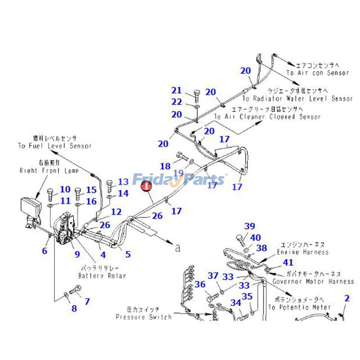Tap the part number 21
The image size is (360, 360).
click(176, 90)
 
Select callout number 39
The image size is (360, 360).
click(250, 226)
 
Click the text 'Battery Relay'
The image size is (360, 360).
click(102, 275)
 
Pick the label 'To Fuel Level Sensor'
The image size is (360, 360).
click(55, 146)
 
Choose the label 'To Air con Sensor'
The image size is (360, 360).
click(318, 72)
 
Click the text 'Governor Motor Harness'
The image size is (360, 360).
click(313, 281)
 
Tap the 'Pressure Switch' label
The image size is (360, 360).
click(144, 317)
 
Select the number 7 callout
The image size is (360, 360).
click(87, 301)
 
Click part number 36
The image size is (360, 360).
click(200, 284)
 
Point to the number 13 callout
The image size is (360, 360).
click(123, 182)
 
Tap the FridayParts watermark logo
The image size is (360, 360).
click(179, 180)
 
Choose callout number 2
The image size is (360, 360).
click(347, 298)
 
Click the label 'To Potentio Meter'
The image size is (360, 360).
click(299, 307)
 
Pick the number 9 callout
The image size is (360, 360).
click(77, 254)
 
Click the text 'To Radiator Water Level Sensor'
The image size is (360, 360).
click(298, 98)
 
